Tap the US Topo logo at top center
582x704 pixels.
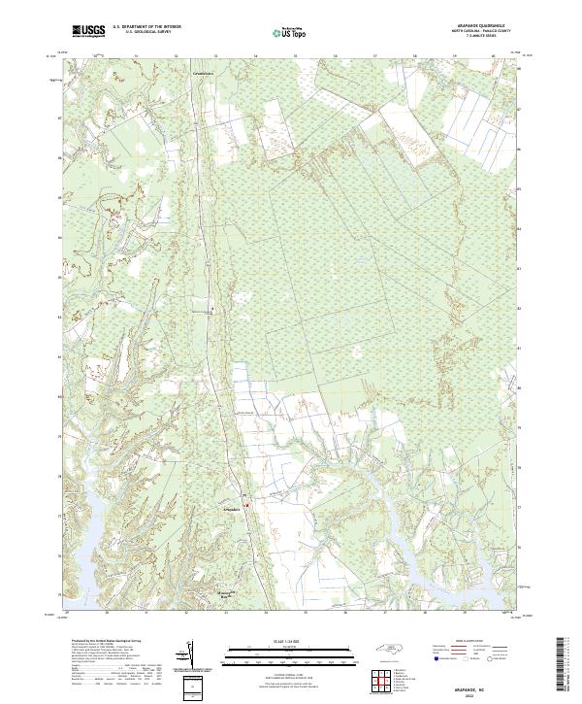click(x=291, y=33)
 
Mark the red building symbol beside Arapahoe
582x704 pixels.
click(x=246, y=505)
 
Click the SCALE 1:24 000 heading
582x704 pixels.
click(x=291, y=641)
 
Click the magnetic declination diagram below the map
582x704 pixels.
click(x=187, y=653)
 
